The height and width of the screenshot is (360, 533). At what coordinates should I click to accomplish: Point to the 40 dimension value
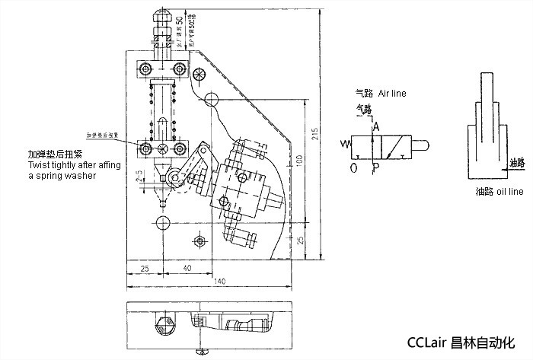click(x=186, y=269)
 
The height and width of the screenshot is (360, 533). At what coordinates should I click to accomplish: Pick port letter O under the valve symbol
click(x=353, y=167)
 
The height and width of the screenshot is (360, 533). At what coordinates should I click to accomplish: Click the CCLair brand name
click(x=428, y=342)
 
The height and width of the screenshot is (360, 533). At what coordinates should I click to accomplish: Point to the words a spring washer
click(x=62, y=175)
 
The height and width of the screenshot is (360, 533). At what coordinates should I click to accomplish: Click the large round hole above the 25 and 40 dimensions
click(x=162, y=222)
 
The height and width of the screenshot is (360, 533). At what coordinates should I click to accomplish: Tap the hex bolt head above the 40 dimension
click(x=199, y=241)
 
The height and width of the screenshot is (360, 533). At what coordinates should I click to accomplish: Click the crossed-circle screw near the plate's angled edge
click(x=199, y=75)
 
